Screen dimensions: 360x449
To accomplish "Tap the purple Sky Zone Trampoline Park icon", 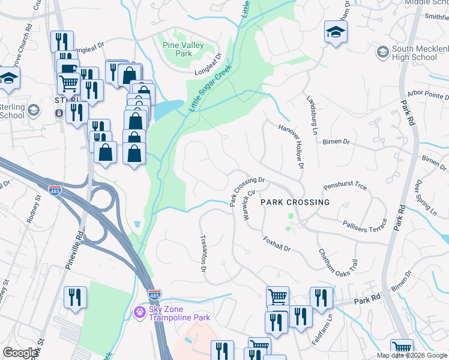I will (140, 312).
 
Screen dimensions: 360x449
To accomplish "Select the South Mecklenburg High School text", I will (414, 53).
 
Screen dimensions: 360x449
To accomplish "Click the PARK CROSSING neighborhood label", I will (295, 203).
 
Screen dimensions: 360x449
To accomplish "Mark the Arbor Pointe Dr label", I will (424, 96).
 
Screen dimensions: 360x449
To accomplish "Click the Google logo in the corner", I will (20, 353).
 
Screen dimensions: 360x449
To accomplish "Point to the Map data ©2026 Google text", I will (411, 355).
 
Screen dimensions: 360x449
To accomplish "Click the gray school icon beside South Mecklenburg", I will (382, 52).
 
